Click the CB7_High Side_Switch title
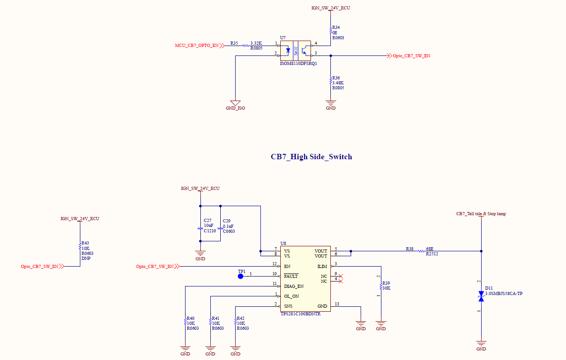click(311, 157)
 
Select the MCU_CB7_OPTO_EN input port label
click(197, 46)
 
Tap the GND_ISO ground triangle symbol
click(235, 103)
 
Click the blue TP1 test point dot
click(241, 277)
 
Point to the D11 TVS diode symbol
click(481, 296)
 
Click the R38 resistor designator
click(409, 249)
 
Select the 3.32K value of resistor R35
click(256, 43)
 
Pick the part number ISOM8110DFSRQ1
click(298, 64)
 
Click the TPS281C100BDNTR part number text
click(301, 314)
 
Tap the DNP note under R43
click(86, 258)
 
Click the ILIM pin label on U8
click(322, 266)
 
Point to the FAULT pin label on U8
click(291, 276)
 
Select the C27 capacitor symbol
click(200, 229)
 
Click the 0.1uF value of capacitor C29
click(228, 226)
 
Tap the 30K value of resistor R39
click(386, 288)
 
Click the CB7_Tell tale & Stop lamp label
click(481, 214)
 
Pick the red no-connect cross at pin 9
click(341, 276)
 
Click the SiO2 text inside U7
click(296, 51)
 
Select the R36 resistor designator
click(336, 78)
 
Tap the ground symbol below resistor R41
click(210, 348)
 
